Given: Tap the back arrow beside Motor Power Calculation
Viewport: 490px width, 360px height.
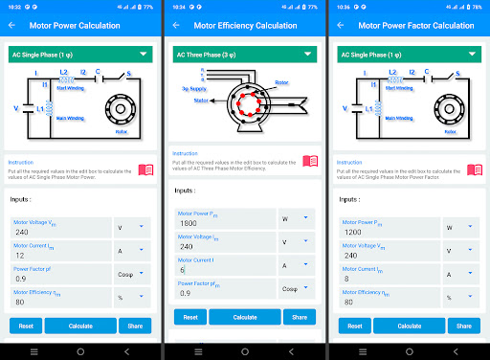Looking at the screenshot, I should pyautogui.click(x=12, y=25).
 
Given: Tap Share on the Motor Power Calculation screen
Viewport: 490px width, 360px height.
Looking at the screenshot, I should pyautogui.click(x=135, y=326).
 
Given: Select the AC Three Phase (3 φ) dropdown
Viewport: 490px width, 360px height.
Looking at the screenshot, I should pyautogui.click(x=244, y=55).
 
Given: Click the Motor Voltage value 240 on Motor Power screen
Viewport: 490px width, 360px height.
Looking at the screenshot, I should pyautogui.click(x=57, y=232).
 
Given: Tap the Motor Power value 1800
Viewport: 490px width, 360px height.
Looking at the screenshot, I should pyautogui.click(x=220, y=222).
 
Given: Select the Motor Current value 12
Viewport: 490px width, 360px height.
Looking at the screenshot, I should pyautogui.click(x=57, y=256).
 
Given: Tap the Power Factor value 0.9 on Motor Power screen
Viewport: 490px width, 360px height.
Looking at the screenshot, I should pyautogui.click(x=57, y=280).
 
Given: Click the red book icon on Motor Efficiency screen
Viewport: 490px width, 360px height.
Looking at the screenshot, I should pyautogui.click(x=310, y=162).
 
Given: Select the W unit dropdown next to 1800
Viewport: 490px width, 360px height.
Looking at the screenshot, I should pyautogui.click(x=295, y=218).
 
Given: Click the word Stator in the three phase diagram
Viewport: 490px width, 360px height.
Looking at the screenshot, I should pyautogui.click(x=202, y=99).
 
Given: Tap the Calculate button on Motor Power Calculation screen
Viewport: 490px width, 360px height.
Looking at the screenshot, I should pyautogui.click(x=80, y=326).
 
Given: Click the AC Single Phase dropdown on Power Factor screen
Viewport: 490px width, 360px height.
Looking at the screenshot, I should pyautogui.click(x=409, y=55).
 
